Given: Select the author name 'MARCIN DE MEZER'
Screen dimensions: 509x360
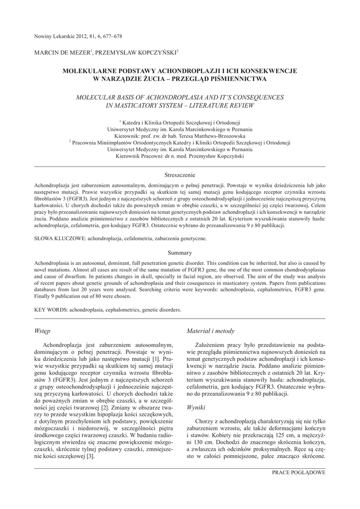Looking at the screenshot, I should pos(61,52).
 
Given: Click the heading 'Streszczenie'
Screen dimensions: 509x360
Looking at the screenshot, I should pos(180,175).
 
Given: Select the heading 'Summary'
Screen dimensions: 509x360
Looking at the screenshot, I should pos(180,253).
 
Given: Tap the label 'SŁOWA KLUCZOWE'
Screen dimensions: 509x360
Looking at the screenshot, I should pos(59,239).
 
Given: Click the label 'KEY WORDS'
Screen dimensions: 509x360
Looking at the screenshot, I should pos(50,309).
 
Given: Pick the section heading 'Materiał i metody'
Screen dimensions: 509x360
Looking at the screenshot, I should pos(210,331).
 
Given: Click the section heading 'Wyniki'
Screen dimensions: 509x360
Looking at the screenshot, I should pos(196,407).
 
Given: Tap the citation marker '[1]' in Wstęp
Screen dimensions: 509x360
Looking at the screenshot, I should pos(155,358).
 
